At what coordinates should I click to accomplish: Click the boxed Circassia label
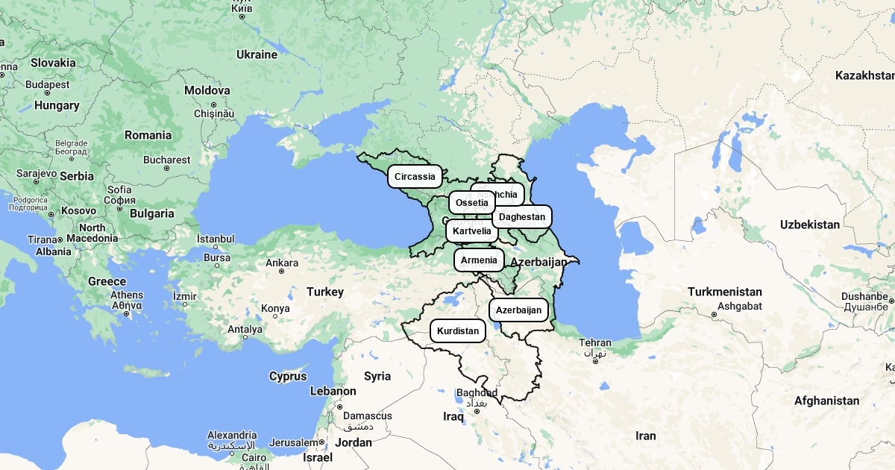click(x=415, y=177)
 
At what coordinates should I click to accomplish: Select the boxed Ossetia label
click(x=471, y=203)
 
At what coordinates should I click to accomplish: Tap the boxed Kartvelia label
click(x=472, y=231)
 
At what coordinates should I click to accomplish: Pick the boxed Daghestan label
click(x=522, y=217)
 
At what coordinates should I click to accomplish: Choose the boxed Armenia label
click(x=479, y=260)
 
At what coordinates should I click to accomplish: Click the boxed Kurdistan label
click(x=458, y=330)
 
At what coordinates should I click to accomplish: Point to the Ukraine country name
click(x=257, y=54)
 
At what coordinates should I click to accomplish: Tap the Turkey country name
click(x=325, y=292)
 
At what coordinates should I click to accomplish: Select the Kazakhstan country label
click(x=864, y=75)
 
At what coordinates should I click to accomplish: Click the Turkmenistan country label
click(x=725, y=292)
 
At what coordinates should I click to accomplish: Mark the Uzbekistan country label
click(x=810, y=225)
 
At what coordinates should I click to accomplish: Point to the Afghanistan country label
click(x=826, y=401)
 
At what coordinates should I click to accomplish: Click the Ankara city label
click(x=282, y=263)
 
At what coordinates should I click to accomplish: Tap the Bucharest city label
click(x=166, y=160)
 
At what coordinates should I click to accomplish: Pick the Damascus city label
click(x=368, y=416)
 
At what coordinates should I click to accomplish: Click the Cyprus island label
click(x=288, y=376)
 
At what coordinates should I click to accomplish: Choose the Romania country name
click(x=148, y=135)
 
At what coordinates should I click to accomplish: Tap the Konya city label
click(x=275, y=309)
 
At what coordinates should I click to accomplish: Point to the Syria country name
click(x=377, y=376)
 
